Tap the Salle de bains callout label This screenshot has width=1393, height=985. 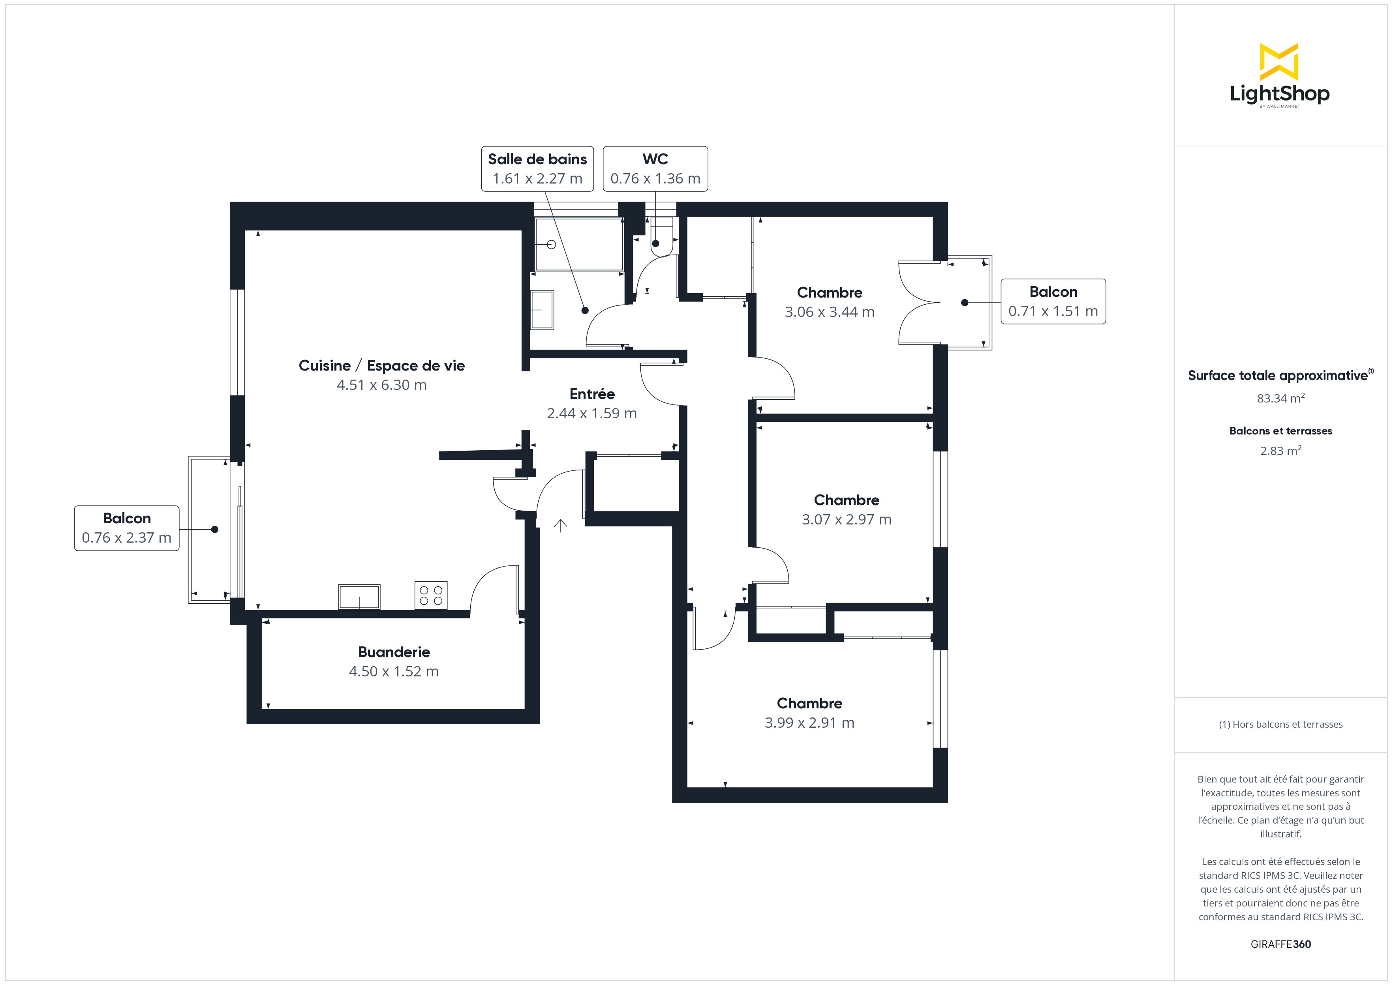537,169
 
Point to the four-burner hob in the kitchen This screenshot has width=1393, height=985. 431,595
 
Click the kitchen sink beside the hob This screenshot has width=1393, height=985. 359,597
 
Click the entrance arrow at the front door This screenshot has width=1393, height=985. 560,525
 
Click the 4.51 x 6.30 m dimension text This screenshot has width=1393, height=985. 382,385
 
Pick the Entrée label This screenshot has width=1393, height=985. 592,394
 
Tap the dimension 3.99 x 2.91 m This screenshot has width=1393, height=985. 809,723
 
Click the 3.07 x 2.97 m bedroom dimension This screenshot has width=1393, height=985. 847,520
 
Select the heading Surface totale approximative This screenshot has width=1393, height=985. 1278,375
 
